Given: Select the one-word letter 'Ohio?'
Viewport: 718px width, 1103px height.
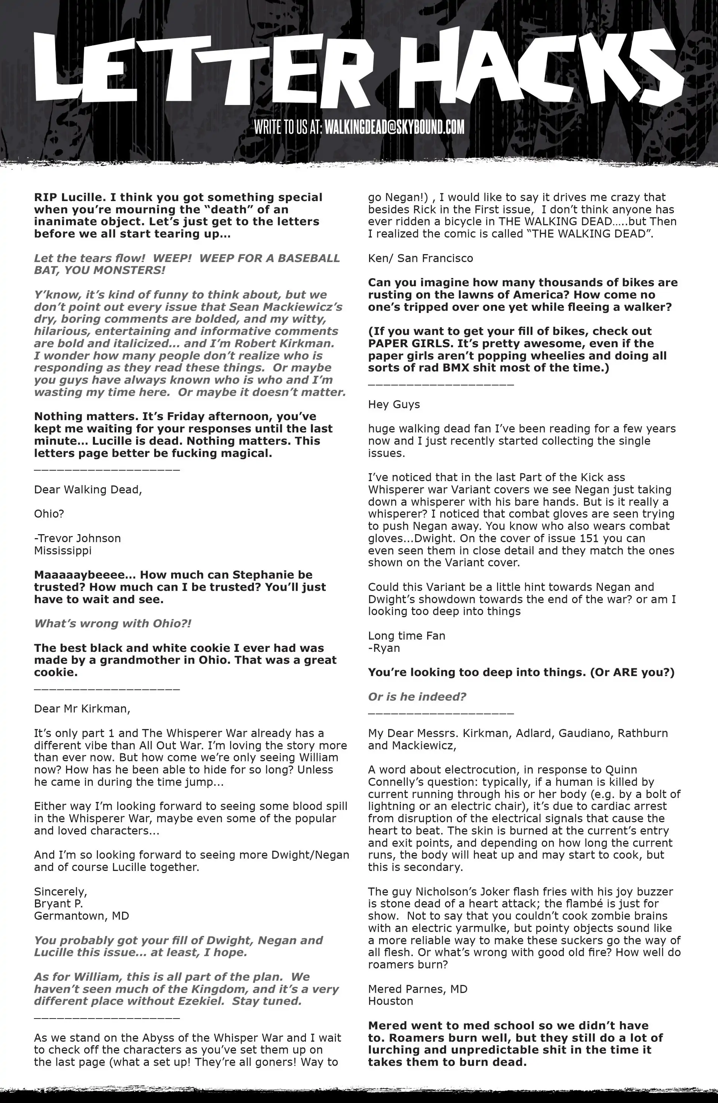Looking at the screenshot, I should click(x=49, y=514).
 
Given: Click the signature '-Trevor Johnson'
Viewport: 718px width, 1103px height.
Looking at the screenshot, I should click(x=77, y=538).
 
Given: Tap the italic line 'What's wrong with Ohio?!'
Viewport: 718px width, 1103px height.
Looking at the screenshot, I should click(x=113, y=623).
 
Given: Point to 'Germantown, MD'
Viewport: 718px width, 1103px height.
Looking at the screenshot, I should click(x=82, y=916).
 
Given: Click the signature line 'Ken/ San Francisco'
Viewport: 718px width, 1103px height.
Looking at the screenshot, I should click(x=421, y=258).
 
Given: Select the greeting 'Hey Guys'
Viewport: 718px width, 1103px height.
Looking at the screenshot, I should click(x=394, y=404).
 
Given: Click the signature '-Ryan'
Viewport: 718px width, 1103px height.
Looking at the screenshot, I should click(x=384, y=648).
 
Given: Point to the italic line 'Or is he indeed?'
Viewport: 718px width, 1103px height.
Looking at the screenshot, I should click(x=417, y=697).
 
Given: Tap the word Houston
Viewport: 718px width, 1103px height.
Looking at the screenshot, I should click(x=390, y=1001).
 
